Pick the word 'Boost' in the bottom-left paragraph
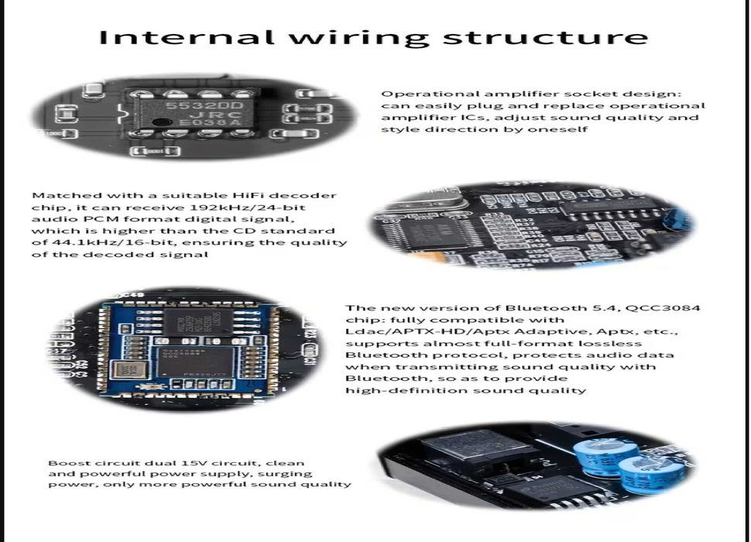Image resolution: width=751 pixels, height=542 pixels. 63,462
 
